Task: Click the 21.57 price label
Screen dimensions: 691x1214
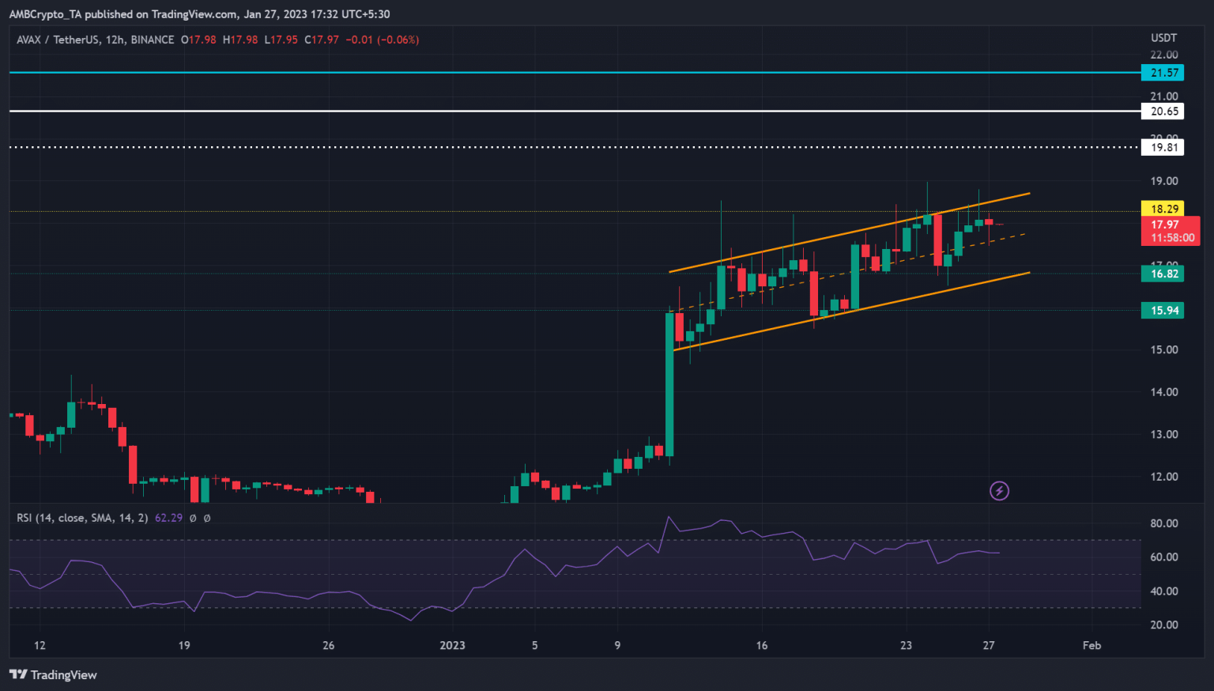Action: click(1163, 73)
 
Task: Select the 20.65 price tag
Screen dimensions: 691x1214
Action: click(1163, 111)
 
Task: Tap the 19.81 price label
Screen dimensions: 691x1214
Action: click(1163, 147)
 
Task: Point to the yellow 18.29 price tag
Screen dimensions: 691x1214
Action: click(1163, 209)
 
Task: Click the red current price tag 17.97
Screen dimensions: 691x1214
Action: click(1163, 225)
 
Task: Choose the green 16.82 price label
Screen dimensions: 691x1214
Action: click(1163, 274)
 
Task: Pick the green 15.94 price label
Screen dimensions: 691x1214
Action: click(1163, 311)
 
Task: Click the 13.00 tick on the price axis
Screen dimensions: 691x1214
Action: click(1163, 434)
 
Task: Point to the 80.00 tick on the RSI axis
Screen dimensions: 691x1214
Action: click(1163, 523)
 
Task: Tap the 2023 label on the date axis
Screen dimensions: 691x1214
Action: click(452, 645)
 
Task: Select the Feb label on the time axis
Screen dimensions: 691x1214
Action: click(1091, 645)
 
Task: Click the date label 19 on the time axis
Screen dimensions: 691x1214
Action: click(184, 645)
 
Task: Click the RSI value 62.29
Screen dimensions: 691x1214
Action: click(168, 518)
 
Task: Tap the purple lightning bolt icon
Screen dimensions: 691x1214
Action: click(999, 491)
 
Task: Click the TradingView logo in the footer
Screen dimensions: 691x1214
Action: click(54, 674)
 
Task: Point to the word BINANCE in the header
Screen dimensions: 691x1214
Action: click(153, 40)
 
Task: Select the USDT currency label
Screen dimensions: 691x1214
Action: click(1163, 38)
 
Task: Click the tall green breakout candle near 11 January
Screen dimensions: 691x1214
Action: click(669, 383)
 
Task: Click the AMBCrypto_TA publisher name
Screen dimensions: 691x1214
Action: click(45, 14)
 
